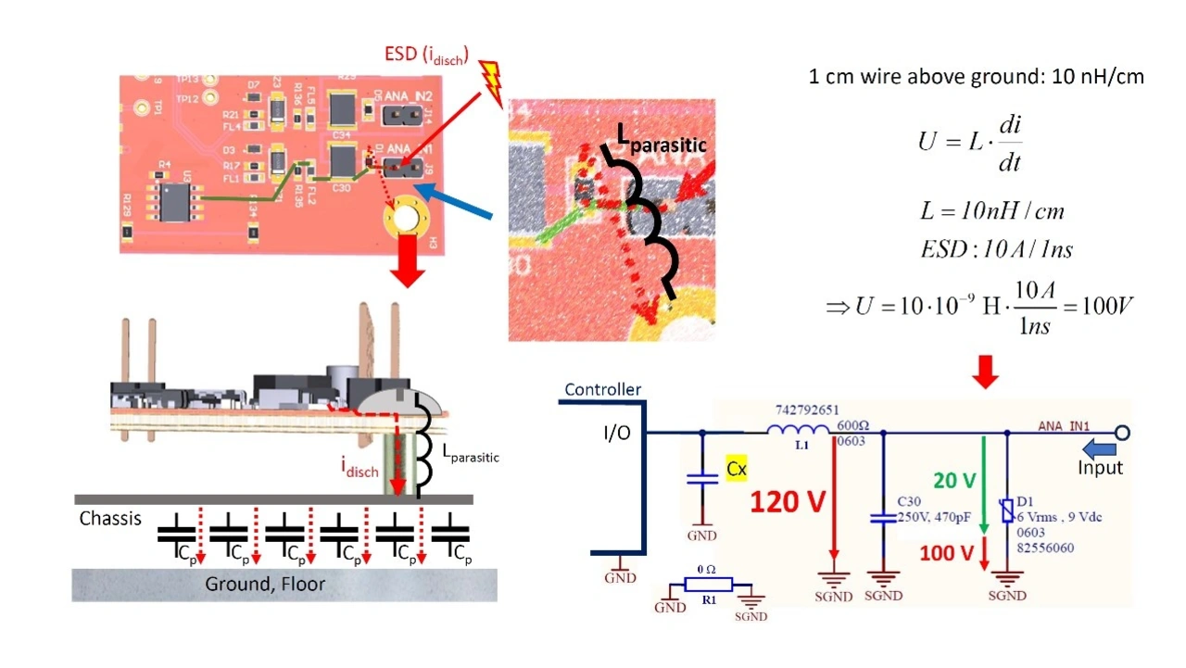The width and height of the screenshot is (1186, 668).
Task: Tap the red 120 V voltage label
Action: tap(788, 501)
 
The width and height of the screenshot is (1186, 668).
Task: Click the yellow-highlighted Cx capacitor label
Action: tap(737, 469)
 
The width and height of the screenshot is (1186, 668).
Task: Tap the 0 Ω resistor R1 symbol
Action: tap(709, 585)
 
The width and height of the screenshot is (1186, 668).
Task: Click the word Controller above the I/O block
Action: tap(602, 390)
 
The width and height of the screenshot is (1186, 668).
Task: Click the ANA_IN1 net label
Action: tap(1064, 426)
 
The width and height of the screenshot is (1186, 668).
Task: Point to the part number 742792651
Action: tap(805, 409)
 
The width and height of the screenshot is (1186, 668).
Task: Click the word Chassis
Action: tap(110, 518)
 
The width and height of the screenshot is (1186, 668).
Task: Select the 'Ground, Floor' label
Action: tap(265, 585)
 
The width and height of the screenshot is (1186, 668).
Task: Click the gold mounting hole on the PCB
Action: tap(405, 220)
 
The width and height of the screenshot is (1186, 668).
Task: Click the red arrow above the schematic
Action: tap(986, 372)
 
